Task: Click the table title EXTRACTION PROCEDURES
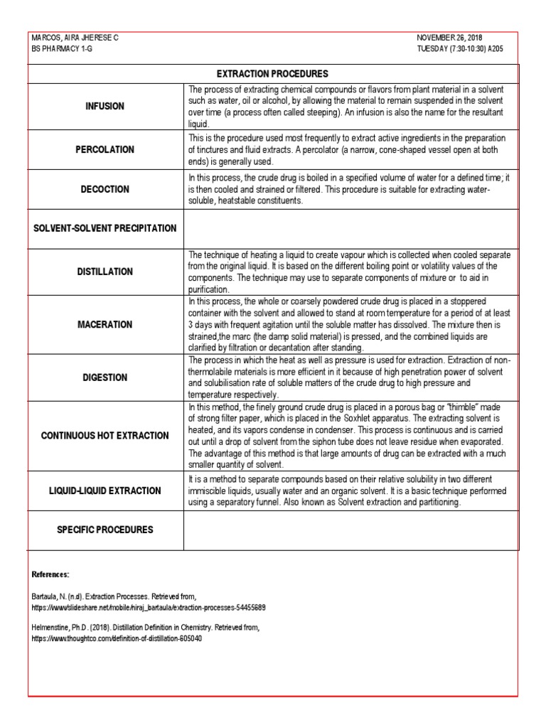click(x=272, y=74)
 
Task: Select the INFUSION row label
click(x=105, y=106)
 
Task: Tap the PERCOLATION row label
click(x=105, y=150)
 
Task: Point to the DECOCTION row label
click(x=105, y=189)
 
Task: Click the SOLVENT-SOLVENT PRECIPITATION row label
click(x=105, y=228)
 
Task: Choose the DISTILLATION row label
click(x=105, y=272)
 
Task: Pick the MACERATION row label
click(x=105, y=325)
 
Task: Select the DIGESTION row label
click(x=105, y=378)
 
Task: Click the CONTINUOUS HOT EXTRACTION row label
click(x=105, y=436)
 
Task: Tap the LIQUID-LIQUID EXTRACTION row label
click(x=105, y=491)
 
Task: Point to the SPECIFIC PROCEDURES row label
click(x=105, y=530)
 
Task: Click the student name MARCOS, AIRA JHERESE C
click(x=75, y=37)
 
